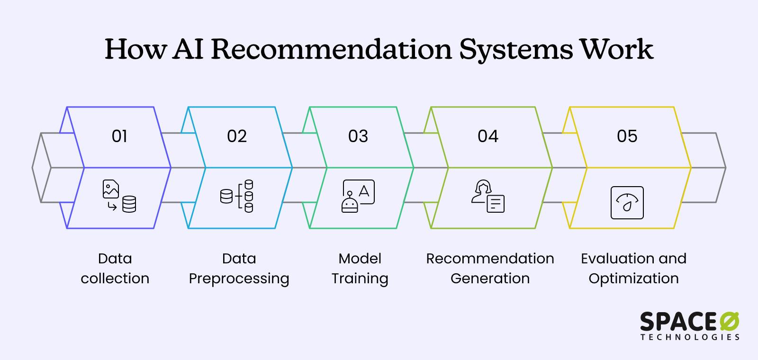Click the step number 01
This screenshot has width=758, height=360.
(119, 136)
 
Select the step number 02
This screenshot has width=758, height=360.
(237, 136)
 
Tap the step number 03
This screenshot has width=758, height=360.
(358, 136)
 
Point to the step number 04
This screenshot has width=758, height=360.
(488, 136)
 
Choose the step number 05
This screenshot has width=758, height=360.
(627, 136)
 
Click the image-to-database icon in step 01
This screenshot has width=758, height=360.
(119, 196)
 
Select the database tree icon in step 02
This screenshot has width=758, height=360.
(237, 196)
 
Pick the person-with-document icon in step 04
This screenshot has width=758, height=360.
(488, 196)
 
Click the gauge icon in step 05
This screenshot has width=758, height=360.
(627, 203)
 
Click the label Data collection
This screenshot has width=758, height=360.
(115, 268)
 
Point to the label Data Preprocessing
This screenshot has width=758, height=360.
(239, 268)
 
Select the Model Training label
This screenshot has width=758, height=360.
(360, 268)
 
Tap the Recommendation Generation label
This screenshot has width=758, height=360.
(490, 268)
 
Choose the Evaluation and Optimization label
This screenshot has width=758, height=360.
(633, 268)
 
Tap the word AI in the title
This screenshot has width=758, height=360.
(188, 49)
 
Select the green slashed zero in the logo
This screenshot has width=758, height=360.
(729, 322)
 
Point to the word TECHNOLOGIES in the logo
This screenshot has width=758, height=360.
(690, 337)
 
